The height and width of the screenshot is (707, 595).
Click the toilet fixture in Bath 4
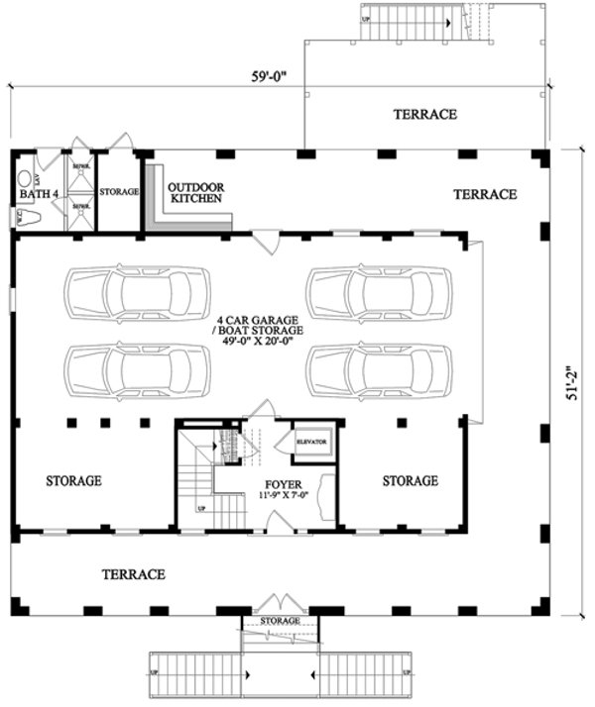27,217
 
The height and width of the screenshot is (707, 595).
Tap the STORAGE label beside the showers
118,191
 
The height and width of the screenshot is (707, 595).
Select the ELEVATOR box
313,442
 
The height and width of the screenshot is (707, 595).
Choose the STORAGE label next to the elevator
410,481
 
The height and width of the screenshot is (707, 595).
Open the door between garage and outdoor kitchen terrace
266,241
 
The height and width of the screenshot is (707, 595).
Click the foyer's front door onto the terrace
280,524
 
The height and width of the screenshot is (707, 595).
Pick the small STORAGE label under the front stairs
280,621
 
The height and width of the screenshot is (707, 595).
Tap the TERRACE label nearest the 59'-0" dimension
424,115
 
